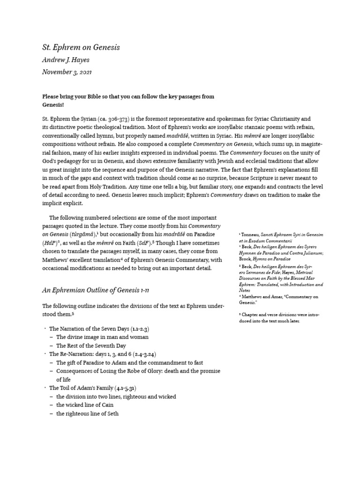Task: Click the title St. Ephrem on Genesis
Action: (81, 47)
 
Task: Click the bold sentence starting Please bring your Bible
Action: (128, 97)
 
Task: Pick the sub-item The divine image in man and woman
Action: (102, 337)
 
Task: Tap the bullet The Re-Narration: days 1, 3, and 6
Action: (106, 354)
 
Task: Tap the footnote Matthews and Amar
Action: (280, 296)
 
